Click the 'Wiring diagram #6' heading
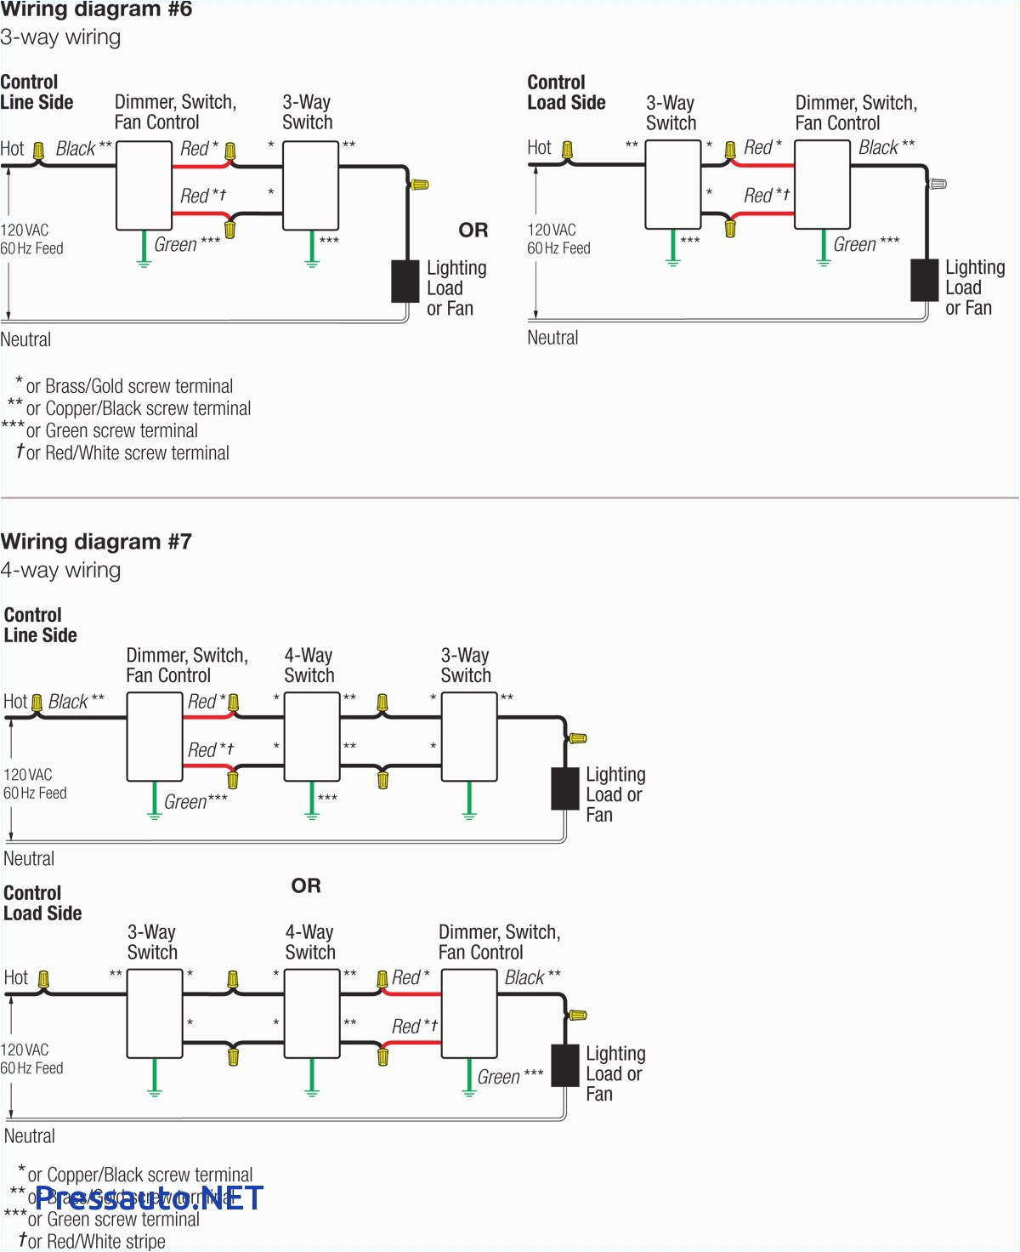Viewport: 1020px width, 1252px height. [96, 10]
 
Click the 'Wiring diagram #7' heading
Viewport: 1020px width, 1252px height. [96, 542]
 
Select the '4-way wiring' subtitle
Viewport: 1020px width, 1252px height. [60, 570]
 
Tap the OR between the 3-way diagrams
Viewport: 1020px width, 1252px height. [473, 230]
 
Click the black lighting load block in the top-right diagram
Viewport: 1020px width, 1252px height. [925, 280]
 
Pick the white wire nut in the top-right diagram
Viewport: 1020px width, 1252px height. [938, 184]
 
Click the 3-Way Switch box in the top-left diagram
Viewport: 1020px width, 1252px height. [310, 185]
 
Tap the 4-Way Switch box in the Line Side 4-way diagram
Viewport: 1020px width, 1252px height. [312, 737]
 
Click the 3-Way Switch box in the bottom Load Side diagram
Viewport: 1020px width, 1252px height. [155, 1014]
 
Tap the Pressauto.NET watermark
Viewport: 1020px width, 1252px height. [150, 1198]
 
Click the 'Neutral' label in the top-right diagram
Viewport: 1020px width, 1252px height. [552, 338]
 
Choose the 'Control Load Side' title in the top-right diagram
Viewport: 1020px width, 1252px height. [566, 93]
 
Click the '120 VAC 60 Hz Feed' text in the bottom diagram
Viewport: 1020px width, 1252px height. [32, 1059]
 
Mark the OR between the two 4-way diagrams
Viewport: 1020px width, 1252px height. [306, 885]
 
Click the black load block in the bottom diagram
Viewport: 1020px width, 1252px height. [565, 1066]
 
